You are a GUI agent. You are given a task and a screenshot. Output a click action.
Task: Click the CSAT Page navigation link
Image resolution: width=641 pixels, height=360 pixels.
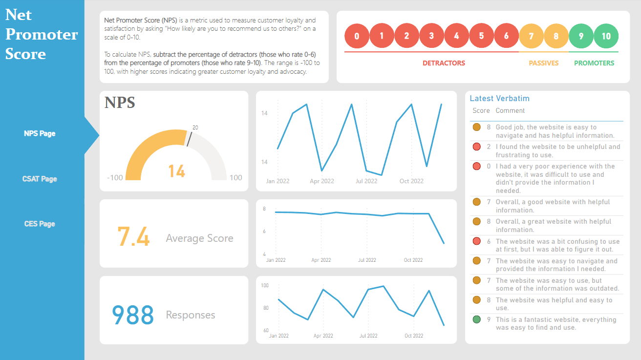(x=40, y=179)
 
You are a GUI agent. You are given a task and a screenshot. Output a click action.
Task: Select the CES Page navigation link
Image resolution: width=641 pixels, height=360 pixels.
(x=40, y=224)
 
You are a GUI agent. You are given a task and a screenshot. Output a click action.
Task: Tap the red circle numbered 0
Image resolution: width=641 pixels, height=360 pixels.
(x=357, y=36)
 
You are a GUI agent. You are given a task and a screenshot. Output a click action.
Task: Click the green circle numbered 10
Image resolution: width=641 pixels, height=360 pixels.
(x=606, y=36)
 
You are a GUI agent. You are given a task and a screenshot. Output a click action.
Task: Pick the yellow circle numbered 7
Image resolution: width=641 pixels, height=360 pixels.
(x=531, y=36)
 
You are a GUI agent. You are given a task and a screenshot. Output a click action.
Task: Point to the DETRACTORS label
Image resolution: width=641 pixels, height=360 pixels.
(x=444, y=63)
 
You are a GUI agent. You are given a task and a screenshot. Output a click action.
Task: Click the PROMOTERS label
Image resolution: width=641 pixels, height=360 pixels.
(x=594, y=63)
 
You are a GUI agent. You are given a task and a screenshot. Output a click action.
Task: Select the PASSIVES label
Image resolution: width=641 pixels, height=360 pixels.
(x=543, y=63)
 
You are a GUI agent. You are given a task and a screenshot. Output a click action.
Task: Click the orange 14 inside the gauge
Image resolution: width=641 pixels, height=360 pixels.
(x=176, y=171)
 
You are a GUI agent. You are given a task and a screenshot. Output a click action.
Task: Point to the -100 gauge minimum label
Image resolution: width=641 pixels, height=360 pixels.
(x=115, y=177)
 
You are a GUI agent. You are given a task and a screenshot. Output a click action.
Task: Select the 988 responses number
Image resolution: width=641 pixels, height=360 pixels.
(x=133, y=315)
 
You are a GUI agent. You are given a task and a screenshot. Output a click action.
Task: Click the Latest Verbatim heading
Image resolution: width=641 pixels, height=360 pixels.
(x=499, y=98)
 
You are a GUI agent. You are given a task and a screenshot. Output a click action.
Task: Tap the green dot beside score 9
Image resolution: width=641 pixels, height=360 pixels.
(x=477, y=320)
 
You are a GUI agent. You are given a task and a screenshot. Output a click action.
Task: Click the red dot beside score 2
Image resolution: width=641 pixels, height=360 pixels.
(x=477, y=147)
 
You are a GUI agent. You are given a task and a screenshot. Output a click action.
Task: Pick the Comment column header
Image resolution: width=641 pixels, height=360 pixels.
(x=510, y=111)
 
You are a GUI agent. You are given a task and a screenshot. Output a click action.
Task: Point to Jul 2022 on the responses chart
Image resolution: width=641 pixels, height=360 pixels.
(x=368, y=336)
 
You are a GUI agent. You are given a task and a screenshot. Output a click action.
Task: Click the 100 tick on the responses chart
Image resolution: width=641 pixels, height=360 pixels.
(x=265, y=285)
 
